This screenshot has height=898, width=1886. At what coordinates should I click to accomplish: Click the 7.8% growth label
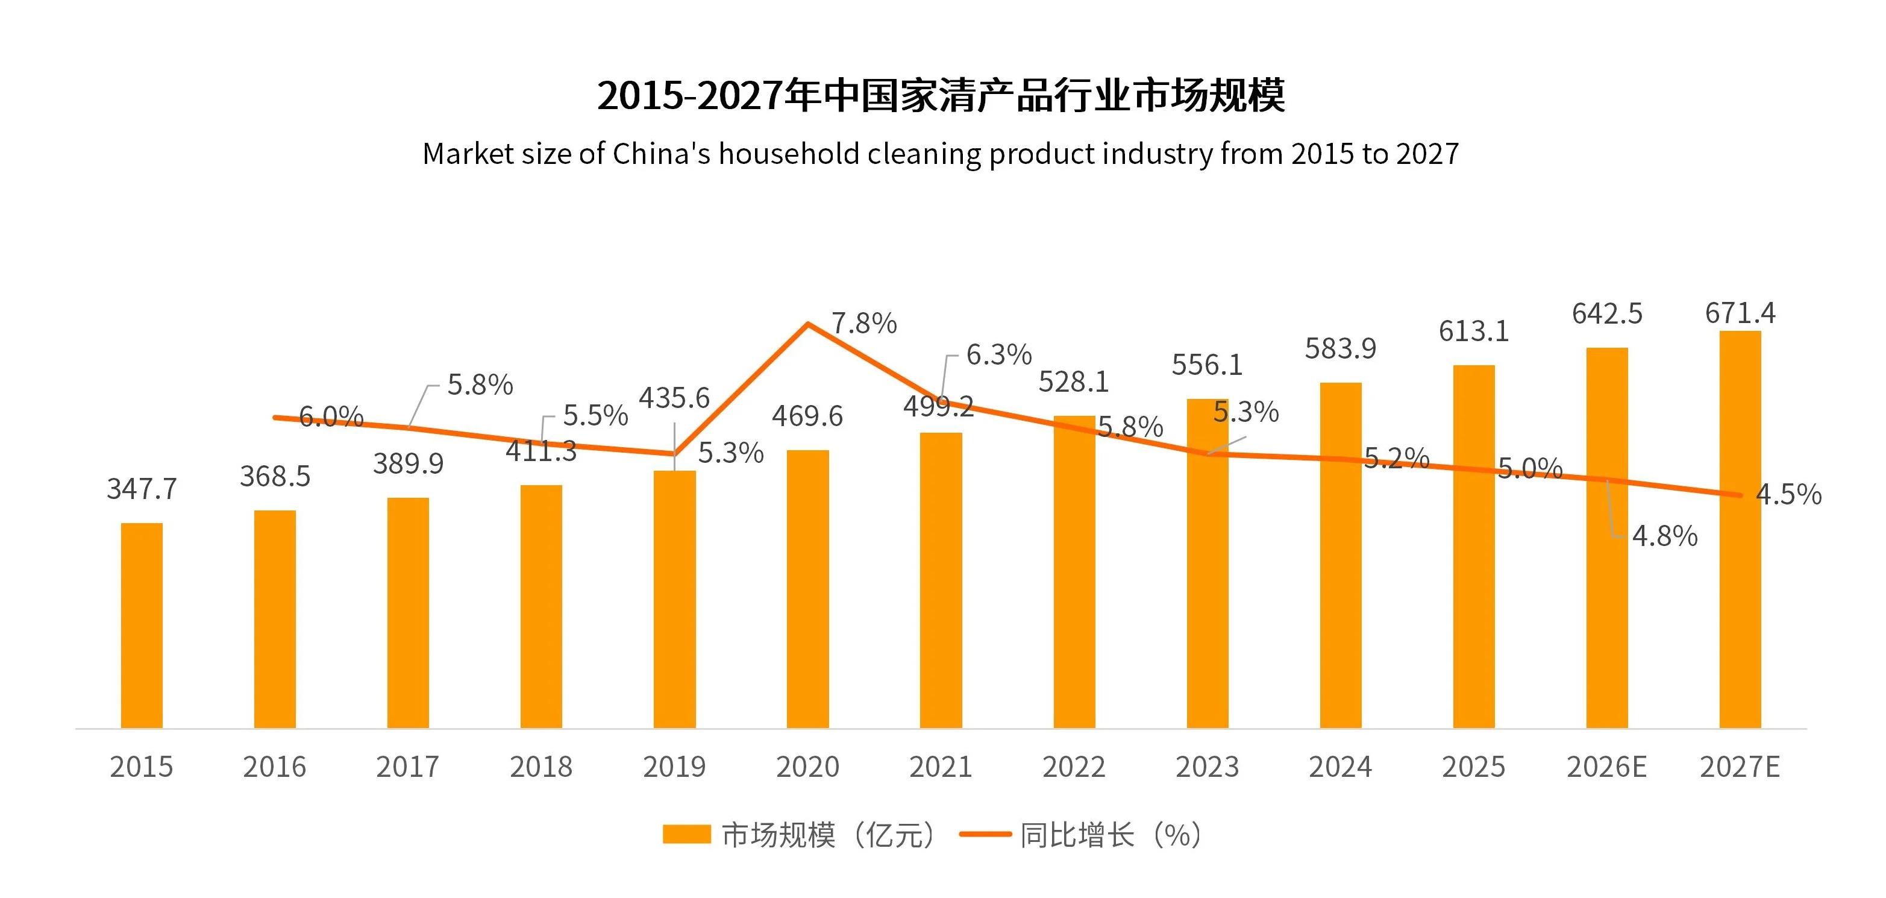coord(864,323)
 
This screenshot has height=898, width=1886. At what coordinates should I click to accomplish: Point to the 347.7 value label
coord(142,489)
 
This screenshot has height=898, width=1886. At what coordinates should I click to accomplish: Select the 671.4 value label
coord(1740,313)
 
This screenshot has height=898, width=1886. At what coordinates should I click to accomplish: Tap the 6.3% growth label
coord(998,354)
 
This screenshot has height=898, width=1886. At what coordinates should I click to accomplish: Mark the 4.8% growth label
coord(1664,536)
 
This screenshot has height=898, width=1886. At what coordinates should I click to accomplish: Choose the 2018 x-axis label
coord(541,767)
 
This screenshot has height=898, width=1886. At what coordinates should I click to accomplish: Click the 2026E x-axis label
coord(1606,767)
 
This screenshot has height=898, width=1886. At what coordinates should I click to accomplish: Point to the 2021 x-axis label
coord(941,767)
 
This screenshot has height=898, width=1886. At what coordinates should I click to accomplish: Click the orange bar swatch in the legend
coord(686,834)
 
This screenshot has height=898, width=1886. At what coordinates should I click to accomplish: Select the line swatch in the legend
coord(985,834)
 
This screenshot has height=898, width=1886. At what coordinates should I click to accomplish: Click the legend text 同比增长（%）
coord(1111,834)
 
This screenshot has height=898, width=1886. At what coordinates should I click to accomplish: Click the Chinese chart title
coord(941,95)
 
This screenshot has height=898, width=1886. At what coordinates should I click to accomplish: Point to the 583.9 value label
coord(1340,348)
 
